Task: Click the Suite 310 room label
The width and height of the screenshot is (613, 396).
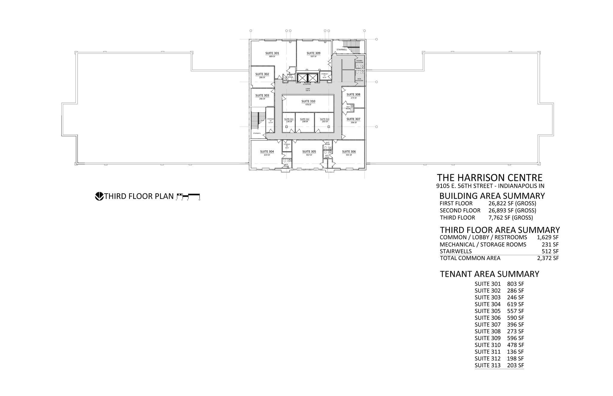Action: point(308,101)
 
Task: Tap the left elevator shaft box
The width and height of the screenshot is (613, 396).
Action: point(302,78)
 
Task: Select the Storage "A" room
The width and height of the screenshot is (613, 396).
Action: point(270,121)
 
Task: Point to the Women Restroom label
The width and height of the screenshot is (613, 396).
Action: point(359,62)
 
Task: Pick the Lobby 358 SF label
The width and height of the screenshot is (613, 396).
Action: point(308,89)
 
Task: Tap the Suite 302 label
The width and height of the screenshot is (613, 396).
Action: point(262,74)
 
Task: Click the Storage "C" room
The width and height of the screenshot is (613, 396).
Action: point(324,75)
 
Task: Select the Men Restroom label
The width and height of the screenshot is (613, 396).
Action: point(359,80)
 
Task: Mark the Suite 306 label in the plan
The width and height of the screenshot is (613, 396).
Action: point(349,152)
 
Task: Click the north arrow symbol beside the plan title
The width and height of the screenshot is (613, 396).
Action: point(99,196)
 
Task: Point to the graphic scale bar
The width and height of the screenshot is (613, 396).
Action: point(188,196)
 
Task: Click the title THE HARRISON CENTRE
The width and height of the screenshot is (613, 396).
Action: point(489,178)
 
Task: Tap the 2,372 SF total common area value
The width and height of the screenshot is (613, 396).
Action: point(548,258)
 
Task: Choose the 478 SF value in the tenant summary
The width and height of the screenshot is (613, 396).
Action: point(515,345)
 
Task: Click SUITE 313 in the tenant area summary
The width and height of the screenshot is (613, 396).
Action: point(487,365)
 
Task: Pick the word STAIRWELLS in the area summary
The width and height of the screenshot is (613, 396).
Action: point(456,251)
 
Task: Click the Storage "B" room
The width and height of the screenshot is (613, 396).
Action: point(287,146)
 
